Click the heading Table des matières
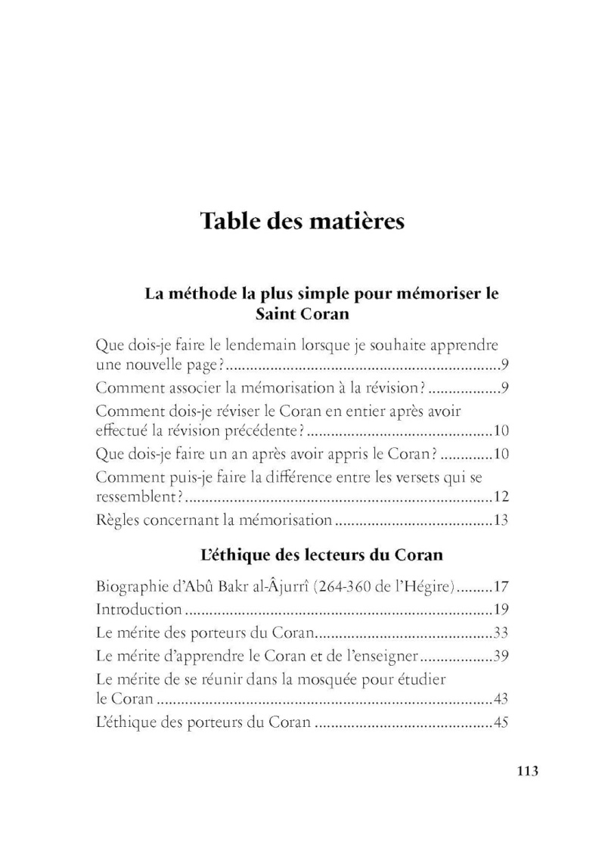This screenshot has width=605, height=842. click(302, 222)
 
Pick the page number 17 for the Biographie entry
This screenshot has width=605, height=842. click(501, 586)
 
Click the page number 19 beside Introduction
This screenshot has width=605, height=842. click(501, 608)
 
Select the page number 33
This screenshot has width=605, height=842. click(501, 631)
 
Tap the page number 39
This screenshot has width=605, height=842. click(501, 654)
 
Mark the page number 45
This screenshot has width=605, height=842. click(501, 722)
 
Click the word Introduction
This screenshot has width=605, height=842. click(139, 608)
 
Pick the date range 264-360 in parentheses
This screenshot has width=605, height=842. click(330, 586)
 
